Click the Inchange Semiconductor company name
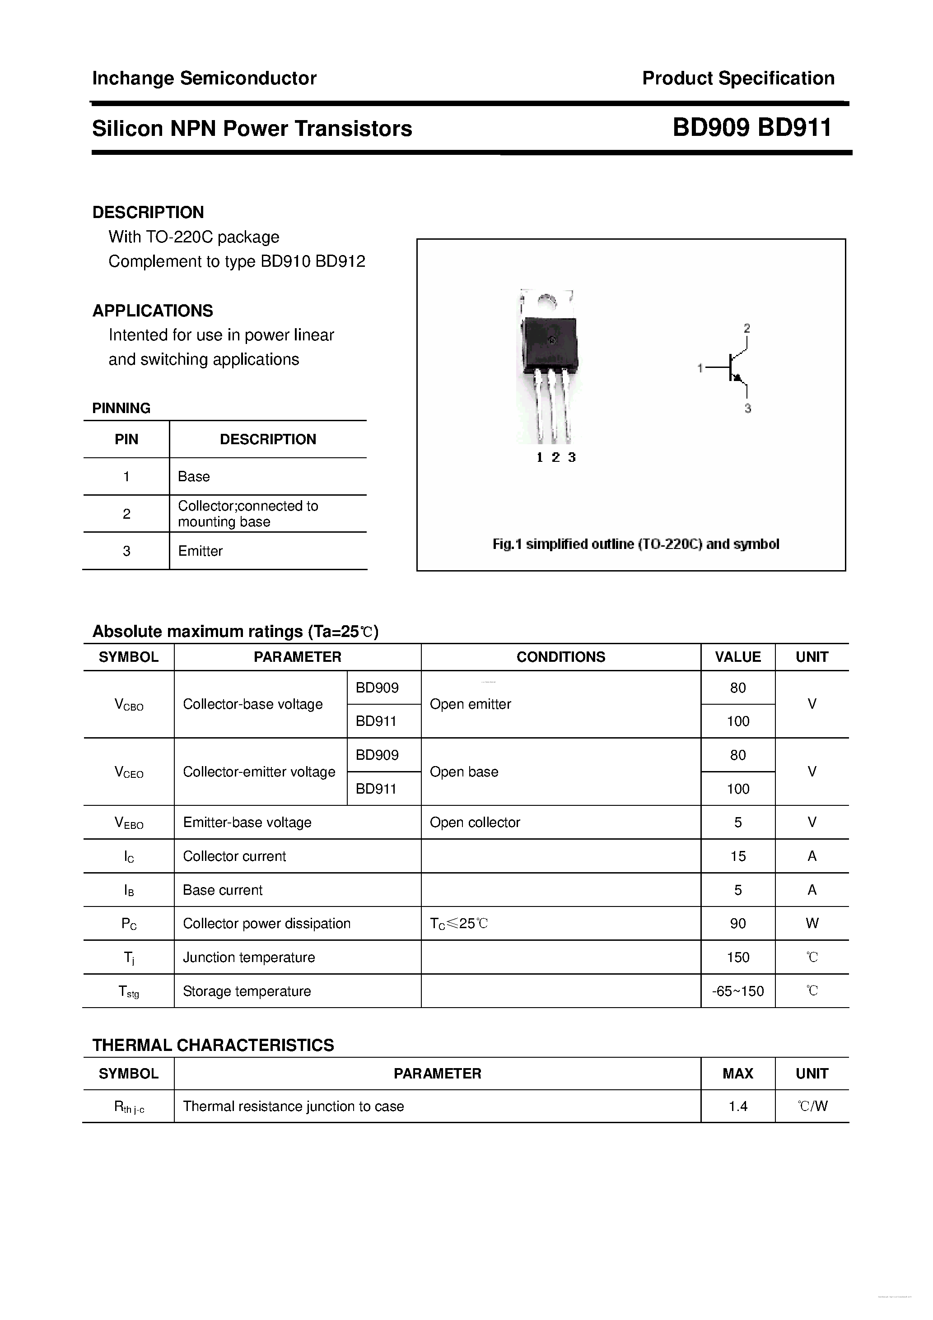(204, 78)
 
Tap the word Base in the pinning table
(194, 477)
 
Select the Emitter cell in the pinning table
(200, 551)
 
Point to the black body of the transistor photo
(549, 342)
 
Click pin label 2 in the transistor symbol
(746, 328)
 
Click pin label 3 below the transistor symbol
(747, 409)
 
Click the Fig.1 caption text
(635, 544)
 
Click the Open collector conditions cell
(475, 822)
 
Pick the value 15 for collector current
(737, 856)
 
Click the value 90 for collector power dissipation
(737, 923)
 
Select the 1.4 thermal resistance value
(737, 1106)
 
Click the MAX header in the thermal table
(737, 1074)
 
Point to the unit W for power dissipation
(812, 923)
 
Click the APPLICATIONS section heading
(153, 311)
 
